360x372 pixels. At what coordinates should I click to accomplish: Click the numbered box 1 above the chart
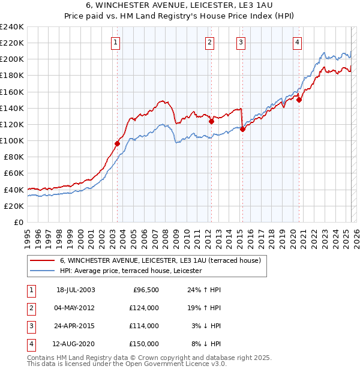click(115, 42)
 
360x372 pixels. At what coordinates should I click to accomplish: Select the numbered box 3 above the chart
click(240, 42)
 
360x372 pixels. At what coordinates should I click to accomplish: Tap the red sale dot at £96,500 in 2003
click(118, 143)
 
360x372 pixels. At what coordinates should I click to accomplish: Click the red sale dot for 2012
click(211, 121)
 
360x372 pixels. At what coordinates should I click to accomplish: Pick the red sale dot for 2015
click(242, 129)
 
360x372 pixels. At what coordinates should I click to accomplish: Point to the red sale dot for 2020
click(299, 100)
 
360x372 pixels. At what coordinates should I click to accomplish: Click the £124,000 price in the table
click(144, 308)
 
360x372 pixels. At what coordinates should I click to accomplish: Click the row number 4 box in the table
click(31, 344)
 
